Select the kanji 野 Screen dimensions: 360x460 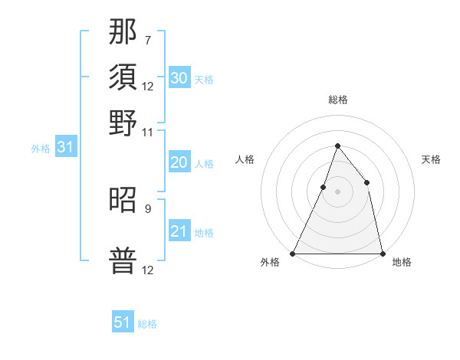123,123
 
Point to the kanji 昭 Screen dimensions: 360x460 123,200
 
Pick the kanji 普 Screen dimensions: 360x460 123,261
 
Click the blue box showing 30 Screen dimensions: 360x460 179,77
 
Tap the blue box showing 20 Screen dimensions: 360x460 179,162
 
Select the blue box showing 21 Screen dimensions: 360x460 179,231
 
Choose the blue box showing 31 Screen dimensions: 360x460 65,148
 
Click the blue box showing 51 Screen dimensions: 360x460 123,322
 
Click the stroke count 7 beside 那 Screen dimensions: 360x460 147,39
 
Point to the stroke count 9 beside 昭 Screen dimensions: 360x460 147,208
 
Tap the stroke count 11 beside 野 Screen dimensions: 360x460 147,132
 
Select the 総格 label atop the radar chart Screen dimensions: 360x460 337,100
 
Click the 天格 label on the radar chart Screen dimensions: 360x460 431,159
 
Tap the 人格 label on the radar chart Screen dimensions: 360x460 245,159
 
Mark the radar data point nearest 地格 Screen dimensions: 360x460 382,253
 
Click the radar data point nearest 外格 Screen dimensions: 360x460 293,253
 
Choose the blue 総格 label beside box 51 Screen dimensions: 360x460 147,324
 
